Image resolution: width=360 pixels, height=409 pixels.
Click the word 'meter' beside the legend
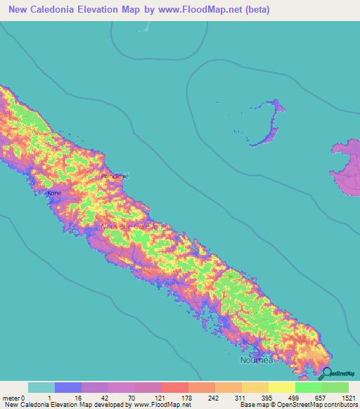click(13, 397)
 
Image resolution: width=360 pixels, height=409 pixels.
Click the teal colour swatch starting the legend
click(41, 387)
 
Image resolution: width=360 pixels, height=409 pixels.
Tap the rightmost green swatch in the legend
click(335, 387)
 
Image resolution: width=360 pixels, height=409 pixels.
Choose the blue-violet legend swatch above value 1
click(68, 387)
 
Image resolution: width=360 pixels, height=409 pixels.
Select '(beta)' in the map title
click(256, 10)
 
